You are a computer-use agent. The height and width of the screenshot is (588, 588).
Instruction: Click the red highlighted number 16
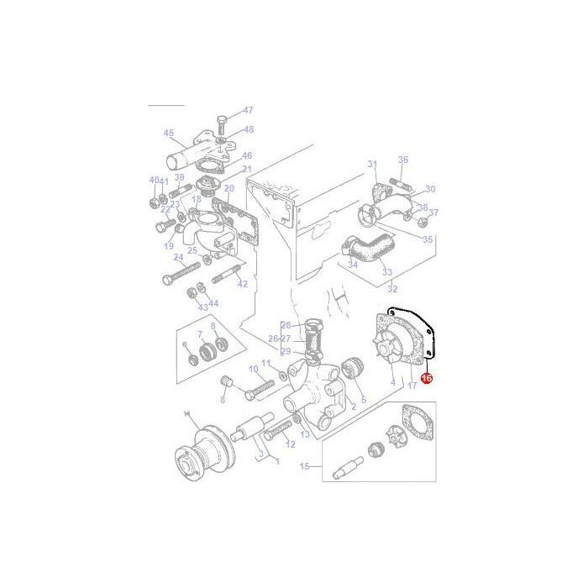pyautogui.click(x=426, y=379)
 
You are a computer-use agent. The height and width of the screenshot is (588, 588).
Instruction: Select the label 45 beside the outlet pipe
pyautogui.click(x=168, y=132)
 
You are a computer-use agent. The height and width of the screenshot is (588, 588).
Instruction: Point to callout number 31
pyautogui.click(x=373, y=164)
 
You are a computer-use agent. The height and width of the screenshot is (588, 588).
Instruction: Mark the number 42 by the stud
pyautogui.click(x=243, y=284)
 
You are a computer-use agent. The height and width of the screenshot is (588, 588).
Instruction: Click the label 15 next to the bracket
pyautogui.click(x=304, y=466)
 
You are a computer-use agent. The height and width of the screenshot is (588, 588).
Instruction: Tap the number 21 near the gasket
pyautogui.click(x=247, y=169)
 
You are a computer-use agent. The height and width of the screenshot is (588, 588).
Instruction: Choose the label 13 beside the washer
pyautogui.click(x=304, y=434)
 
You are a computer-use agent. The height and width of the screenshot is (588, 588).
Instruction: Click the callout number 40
pyautogui.click(x=153, y=180)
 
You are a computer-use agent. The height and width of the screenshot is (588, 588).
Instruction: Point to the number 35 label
pyautogui.click(x=428, y=239)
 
